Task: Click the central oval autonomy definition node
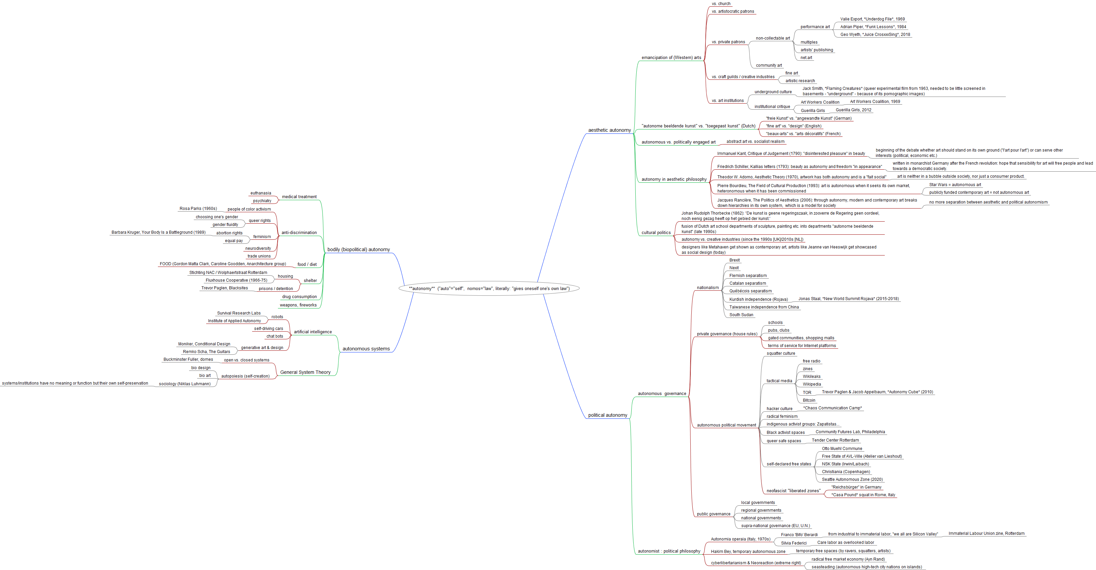489,288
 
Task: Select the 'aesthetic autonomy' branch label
609,130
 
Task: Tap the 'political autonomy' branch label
607,415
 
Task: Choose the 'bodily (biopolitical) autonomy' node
358,250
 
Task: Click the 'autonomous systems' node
366,349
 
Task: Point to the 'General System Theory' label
305,372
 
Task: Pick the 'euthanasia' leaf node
261,193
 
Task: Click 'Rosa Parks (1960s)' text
198,209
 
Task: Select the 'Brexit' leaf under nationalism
734,260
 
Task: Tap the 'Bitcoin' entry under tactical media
809,400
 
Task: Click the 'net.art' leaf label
806,58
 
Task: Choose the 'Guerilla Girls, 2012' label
854,110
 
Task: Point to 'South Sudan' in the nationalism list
741,315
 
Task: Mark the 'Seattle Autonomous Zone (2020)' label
852,479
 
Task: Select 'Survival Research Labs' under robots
239,313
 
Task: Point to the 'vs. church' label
721,4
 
